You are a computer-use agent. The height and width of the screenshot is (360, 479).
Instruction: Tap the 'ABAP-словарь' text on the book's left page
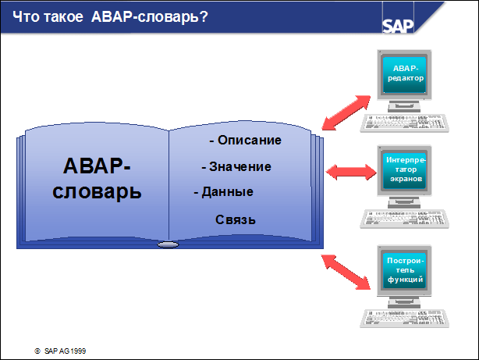[98, 179]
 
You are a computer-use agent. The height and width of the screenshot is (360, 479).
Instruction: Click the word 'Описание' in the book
[250, 141]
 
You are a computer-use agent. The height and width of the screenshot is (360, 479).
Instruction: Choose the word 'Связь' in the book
[236, 220]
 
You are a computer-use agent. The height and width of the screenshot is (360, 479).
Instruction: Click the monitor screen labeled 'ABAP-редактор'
[406, 76]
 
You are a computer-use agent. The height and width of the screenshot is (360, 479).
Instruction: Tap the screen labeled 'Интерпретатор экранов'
[406, 169]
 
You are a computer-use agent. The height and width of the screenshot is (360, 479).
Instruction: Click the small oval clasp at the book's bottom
[169, 245]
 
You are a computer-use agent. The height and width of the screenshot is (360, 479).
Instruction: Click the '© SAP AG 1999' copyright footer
[60, 351]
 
